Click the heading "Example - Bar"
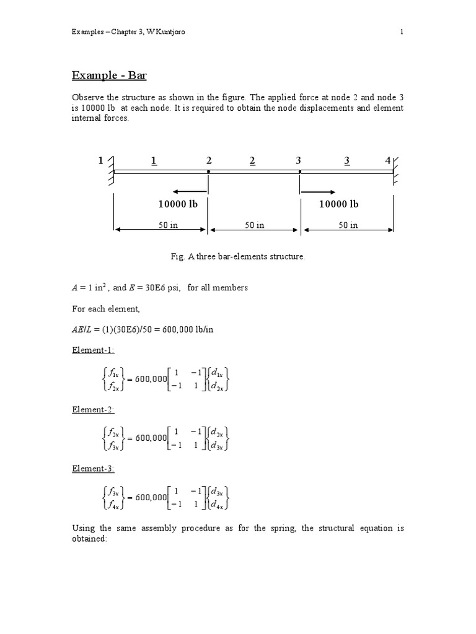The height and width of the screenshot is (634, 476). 109,76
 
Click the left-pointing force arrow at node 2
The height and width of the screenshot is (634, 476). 190,191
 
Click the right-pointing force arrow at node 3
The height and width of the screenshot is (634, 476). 319,191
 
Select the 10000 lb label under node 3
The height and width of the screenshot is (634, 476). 338,204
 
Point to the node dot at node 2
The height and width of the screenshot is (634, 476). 209,172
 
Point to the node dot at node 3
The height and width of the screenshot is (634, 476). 300,172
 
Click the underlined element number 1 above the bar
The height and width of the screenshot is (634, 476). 154,161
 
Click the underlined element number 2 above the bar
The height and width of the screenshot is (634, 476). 252,161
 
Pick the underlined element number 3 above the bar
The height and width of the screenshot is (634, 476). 346,161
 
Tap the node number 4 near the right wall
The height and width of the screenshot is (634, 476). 388,161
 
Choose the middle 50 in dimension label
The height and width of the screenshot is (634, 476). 253,225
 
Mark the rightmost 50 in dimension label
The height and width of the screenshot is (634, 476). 346,225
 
